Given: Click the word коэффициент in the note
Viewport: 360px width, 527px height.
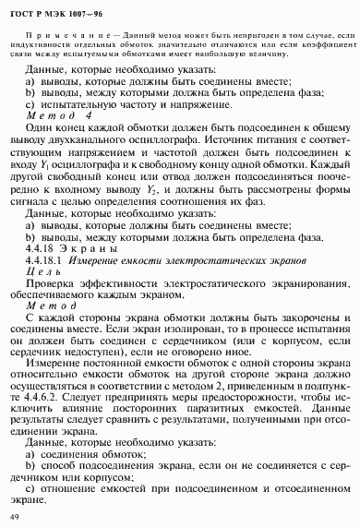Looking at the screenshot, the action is (x=319, y=44).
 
